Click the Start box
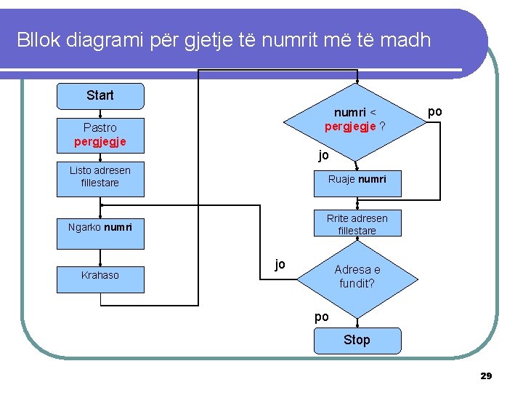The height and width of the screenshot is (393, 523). [100, 95]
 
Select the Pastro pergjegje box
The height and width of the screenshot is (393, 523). [100, 135]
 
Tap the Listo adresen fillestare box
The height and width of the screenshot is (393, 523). [100, 177]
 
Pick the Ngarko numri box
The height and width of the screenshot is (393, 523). [100, 227]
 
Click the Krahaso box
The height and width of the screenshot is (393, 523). [100, 275]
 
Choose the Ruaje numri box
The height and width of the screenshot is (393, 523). [357, 179]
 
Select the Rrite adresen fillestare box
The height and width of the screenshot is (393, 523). [357, 224]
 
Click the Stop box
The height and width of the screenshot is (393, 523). [357, 340]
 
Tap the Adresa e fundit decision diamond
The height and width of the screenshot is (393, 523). [357, 276]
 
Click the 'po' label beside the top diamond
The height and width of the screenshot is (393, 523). [434, 111]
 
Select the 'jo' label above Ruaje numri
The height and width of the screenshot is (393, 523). [323, 155]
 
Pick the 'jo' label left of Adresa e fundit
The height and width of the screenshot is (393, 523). [280, 264]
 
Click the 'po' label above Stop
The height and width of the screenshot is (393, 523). [321, 317]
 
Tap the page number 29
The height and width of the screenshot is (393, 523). [486, 376]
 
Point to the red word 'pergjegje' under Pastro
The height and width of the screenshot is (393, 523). [100, 141]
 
